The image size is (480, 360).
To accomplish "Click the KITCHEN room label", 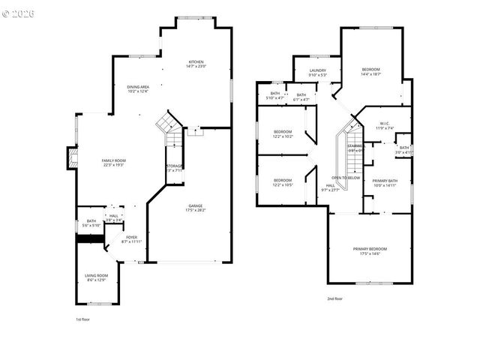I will point(196,64).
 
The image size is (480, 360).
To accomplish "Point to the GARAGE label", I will point(195,208).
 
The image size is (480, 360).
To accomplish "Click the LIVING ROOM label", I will point(97,277).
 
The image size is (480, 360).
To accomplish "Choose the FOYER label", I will point(121,239).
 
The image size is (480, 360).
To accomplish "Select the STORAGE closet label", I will point(174,167).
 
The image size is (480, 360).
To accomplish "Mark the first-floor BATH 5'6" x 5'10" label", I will point(91,223).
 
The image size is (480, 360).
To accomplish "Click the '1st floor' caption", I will point(82,319).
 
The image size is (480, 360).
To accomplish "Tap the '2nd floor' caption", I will point(334,298).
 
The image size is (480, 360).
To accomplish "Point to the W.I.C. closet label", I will point(383,125).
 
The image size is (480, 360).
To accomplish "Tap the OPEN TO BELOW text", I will point(346,178).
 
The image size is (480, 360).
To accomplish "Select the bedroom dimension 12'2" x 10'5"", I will point(282,184).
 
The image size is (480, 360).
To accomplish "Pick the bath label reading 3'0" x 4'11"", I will point(403,150).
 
